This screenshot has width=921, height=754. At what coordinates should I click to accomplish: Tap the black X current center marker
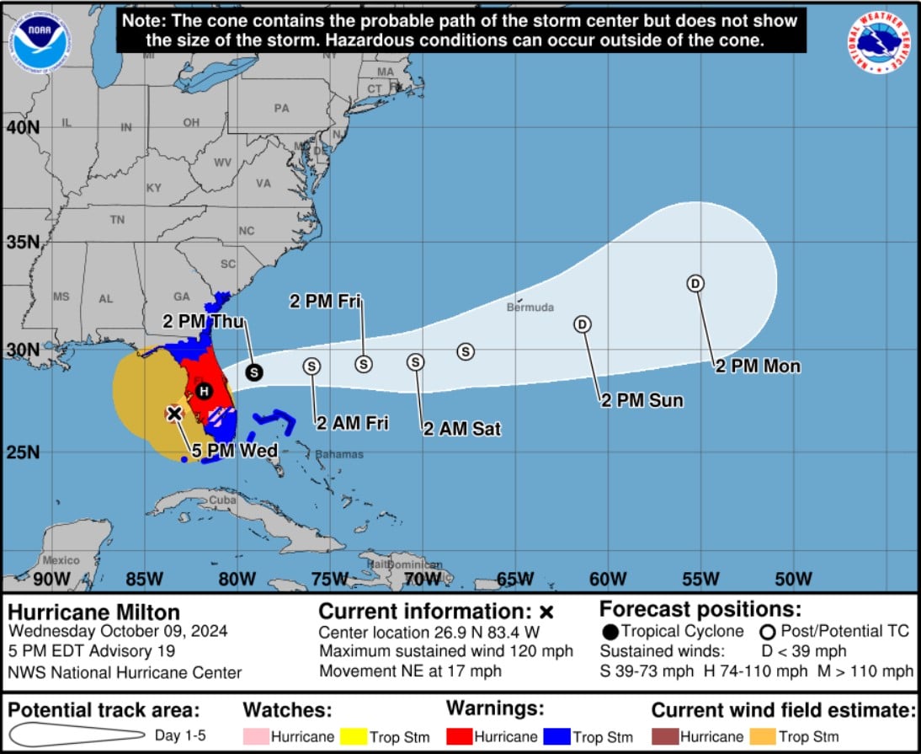click(x=174, y=413)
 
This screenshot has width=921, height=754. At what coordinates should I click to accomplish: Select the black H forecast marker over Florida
click(x=203, y=391)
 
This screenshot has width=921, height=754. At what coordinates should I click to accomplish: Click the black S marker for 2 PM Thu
click(x=253, y=372)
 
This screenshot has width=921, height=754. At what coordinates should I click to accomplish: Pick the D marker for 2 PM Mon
click(x=695, y=284)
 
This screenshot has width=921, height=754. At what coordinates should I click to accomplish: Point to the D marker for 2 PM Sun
click(x=583, y=324)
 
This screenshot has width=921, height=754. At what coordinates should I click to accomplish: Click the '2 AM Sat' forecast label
click(x=461, y=430)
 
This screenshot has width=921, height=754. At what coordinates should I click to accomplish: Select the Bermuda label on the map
click(x=530, y=307)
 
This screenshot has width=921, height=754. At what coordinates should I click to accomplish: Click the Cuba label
click(x=222, y=500)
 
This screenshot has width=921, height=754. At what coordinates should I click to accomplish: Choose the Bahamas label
click(x=339, y=455)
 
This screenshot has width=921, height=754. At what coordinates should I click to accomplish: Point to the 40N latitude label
click(x=23, y=127)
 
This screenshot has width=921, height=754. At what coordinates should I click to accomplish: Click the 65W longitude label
click(x=515, y=579)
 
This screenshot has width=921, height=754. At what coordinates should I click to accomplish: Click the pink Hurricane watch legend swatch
click(x=256, y=736)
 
